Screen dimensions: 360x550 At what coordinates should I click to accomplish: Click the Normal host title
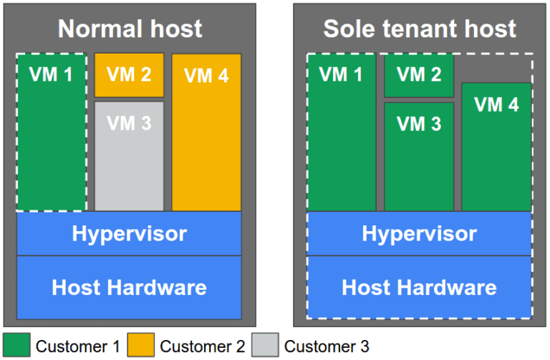click(130, 29)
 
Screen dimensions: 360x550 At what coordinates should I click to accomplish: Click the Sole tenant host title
click(420, 29)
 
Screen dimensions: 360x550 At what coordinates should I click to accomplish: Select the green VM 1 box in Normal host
click(51, 132)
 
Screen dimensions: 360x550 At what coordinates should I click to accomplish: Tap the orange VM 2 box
click(129, 74)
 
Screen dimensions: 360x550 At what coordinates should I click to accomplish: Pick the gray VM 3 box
click(129, 156)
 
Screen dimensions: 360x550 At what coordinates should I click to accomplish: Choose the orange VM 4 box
click(206, 132)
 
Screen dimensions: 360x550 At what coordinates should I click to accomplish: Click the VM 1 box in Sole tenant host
click(341, 132)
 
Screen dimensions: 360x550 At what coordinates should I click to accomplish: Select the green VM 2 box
click(419, 75)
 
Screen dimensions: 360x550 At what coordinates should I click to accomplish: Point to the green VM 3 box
click(419, 156)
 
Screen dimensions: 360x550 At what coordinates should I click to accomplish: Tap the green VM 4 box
click(496, 147)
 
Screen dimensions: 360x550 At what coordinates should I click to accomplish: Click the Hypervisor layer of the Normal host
click(129, 233)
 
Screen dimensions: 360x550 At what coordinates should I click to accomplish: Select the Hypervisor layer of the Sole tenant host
click(419, 233)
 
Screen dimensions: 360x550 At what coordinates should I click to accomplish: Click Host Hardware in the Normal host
click(129, 287)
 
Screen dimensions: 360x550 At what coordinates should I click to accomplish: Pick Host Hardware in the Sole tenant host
click(419, 287)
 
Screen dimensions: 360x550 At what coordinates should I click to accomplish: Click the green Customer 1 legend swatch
click(16, 345)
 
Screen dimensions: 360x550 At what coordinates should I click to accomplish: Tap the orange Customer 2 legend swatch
click(140, 345)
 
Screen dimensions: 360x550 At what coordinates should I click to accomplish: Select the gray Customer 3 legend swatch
click(265, 345)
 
